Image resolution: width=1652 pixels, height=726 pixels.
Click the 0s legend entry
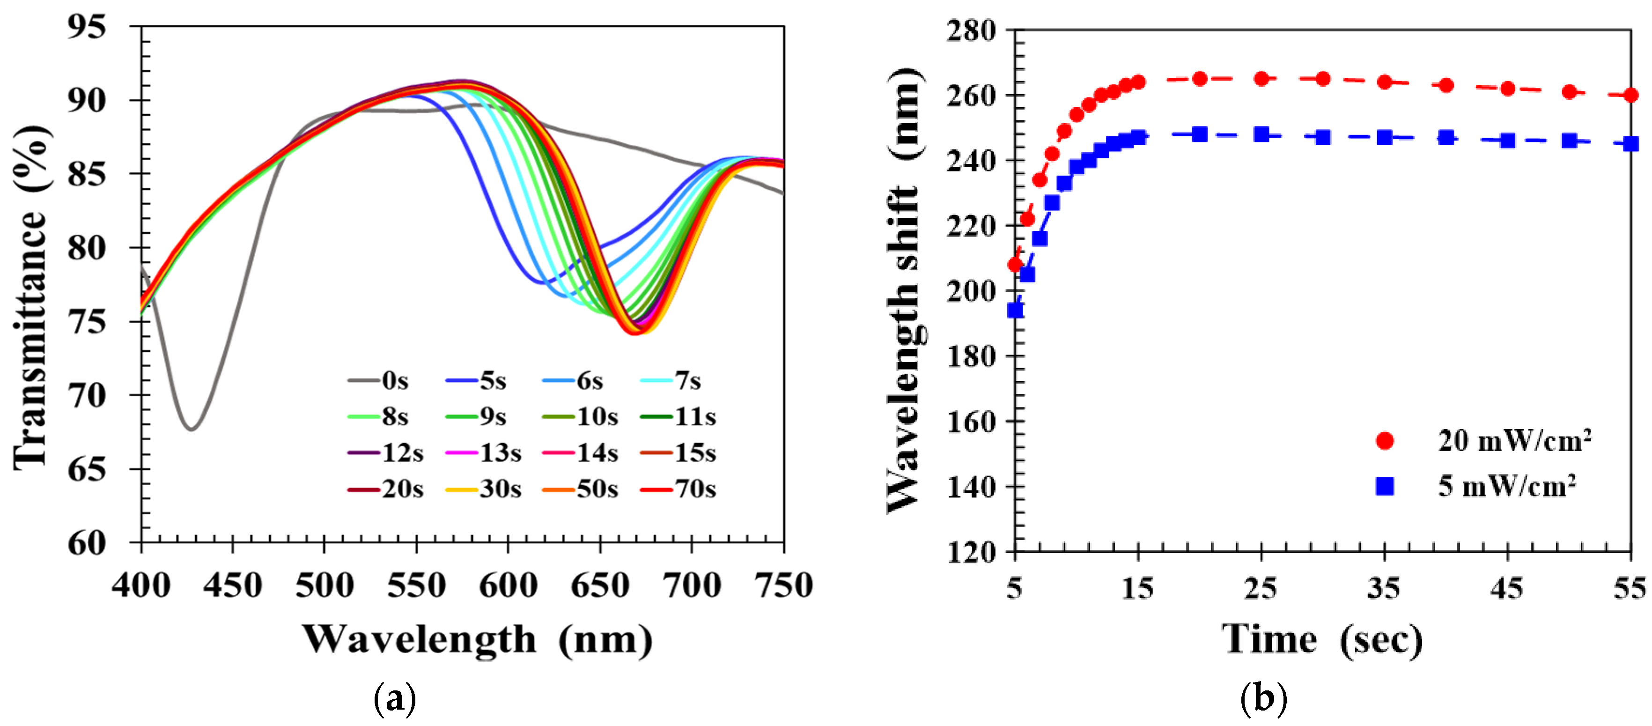click(x=379, y=381)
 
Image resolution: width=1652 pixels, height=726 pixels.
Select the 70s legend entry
click(x=678, y=489)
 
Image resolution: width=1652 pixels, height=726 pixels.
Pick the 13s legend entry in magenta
click(x=484, y=453)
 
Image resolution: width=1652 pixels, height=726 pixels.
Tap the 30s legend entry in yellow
click(x=484, y=489)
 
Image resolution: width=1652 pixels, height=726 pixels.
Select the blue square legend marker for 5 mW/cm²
click(x=1385, y=486)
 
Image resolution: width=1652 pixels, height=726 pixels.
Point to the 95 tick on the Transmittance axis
click(x=87, y=27)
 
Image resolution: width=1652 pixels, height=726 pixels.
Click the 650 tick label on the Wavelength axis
click(x=600, y=585)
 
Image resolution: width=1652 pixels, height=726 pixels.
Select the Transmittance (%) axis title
click(x=31, y=298)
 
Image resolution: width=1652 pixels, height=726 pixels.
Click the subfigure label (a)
click(x=394, y=698)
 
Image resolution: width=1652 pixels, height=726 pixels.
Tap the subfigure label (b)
click(x=1263, y=698)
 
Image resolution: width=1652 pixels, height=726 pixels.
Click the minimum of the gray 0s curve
click(x=191, y=429)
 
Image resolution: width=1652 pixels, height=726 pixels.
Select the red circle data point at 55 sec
click(x=1630, y=95)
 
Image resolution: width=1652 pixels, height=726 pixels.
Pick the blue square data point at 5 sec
click(x=1015, y=311)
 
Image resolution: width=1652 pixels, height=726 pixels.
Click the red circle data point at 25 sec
click(x=1261, y=79)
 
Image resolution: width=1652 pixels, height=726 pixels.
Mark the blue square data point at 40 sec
click(x=1445, y=137)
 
